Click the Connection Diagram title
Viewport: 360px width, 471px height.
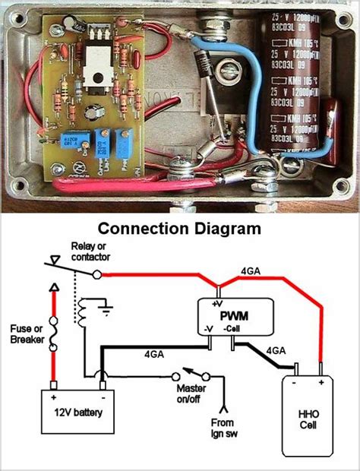tap(179, 227)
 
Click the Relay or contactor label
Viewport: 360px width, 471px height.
tap(101, 252)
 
